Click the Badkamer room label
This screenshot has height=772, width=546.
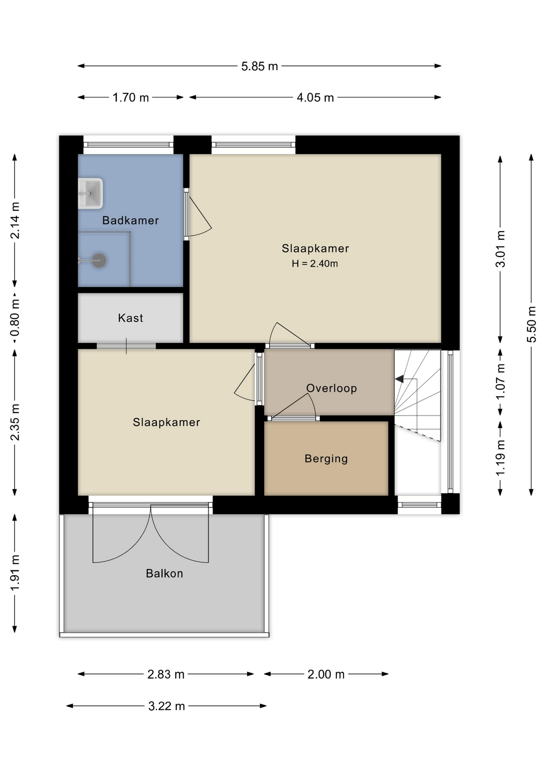(130, 220)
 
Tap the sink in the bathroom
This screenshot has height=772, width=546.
(90, 193)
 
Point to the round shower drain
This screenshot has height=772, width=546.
(99, 261)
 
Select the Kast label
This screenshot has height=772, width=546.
(130, 318)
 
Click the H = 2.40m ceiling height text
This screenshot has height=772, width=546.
(315, 264)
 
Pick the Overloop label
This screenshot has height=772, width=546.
(331, 388)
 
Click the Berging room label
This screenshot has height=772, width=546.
(326, 459)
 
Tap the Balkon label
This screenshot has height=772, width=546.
(164, 573)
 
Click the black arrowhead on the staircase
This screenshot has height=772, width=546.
(399, 379)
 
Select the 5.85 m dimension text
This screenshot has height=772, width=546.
(260, 66)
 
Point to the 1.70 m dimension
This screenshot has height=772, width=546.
(131, 98)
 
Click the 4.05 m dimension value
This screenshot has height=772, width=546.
(315, 98)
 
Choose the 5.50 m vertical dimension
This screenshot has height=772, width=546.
(532, 324)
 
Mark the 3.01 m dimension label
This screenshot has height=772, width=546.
(500, 249)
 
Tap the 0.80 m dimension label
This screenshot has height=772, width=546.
(15, 318)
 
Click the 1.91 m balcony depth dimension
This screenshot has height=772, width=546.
(15, 573)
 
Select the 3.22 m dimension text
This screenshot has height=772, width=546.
(166, 706)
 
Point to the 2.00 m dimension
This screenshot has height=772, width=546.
(326, 674)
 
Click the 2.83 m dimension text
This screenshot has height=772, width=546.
(166, 674)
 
